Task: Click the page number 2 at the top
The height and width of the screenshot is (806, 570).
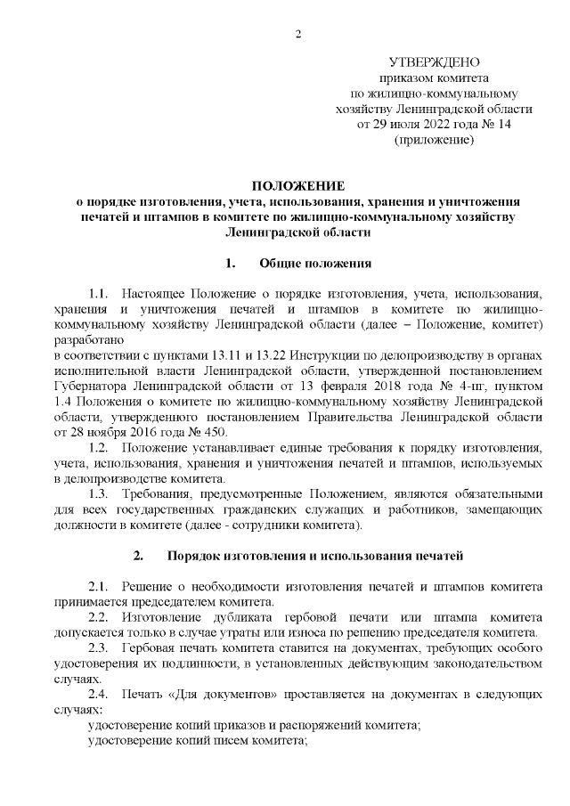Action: click(298, 35)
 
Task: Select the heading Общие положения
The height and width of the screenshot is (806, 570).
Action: click(314, 264)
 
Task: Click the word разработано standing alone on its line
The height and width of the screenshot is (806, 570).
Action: click(88, 340)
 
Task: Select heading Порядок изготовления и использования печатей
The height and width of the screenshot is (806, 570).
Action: click(315, 557)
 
